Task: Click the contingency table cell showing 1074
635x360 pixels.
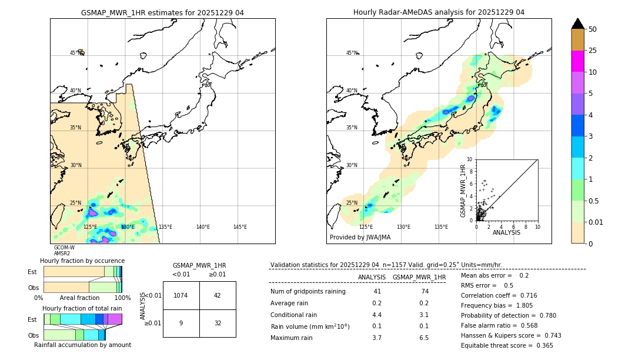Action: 181,295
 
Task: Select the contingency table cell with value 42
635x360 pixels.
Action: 217,295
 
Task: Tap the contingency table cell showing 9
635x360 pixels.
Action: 181,323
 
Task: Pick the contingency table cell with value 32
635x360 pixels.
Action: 217,323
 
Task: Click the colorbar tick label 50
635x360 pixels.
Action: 593,29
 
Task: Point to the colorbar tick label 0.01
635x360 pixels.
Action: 596,222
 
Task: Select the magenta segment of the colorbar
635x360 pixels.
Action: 577,61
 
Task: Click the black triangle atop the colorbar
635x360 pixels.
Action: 577,24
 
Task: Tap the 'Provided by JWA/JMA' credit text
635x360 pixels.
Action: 360,238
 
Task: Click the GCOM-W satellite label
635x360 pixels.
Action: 64,248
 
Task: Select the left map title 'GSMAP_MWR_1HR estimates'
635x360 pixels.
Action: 162,12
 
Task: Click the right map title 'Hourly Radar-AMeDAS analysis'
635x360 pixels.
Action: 439,12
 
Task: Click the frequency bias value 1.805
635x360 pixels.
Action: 524,306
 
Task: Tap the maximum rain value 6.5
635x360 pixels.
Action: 423,338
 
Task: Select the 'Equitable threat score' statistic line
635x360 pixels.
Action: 507,346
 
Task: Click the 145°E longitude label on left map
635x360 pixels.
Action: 240,227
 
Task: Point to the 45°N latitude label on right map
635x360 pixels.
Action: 352,54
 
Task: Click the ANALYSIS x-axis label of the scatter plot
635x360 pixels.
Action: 506,233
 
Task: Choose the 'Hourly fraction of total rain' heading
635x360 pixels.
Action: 82,308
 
